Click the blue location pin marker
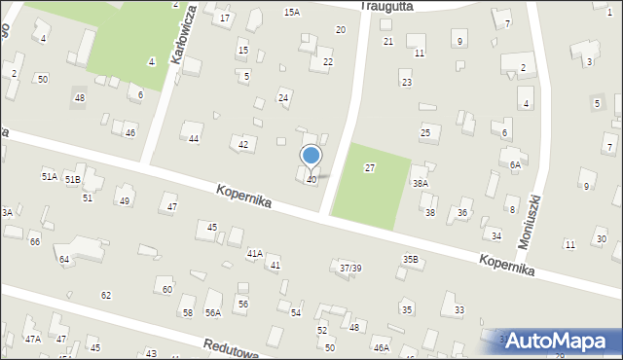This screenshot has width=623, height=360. click(311, 156)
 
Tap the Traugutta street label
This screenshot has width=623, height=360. click(386, 6)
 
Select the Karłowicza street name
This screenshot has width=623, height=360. click(179, 44)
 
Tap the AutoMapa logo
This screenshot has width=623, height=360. click(559, 341)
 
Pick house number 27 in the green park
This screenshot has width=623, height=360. click(370, 168)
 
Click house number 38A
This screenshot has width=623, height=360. click(421, 183)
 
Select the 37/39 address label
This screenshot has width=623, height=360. click(350, 268)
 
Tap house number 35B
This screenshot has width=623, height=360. click(411, 260)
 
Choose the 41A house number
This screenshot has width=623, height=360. click(254, 253)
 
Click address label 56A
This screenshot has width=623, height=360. click(213, 312)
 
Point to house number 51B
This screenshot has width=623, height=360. click(73, 180)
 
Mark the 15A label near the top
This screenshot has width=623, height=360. click(291, 12)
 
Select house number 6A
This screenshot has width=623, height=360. click(516, 165)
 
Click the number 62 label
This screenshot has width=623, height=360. click(106, 295)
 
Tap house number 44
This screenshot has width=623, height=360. click(194, 139)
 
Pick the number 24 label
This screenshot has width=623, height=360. click(283, 97)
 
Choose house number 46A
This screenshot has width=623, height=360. click(381, 347)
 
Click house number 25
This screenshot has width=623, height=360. click(424, 132)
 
